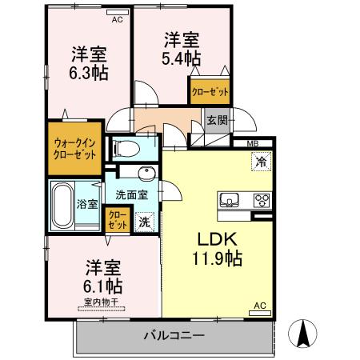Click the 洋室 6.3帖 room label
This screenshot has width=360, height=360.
click(90, 63)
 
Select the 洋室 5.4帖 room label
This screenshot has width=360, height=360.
click(182, 49)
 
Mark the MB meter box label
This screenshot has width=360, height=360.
click(252, 144)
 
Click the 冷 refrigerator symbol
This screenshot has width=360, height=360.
click(261, 162)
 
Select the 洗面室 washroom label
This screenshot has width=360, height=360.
click(130, 194)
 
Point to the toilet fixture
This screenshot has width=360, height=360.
click(128, 147)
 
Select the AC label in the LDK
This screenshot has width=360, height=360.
click(259, 305)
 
